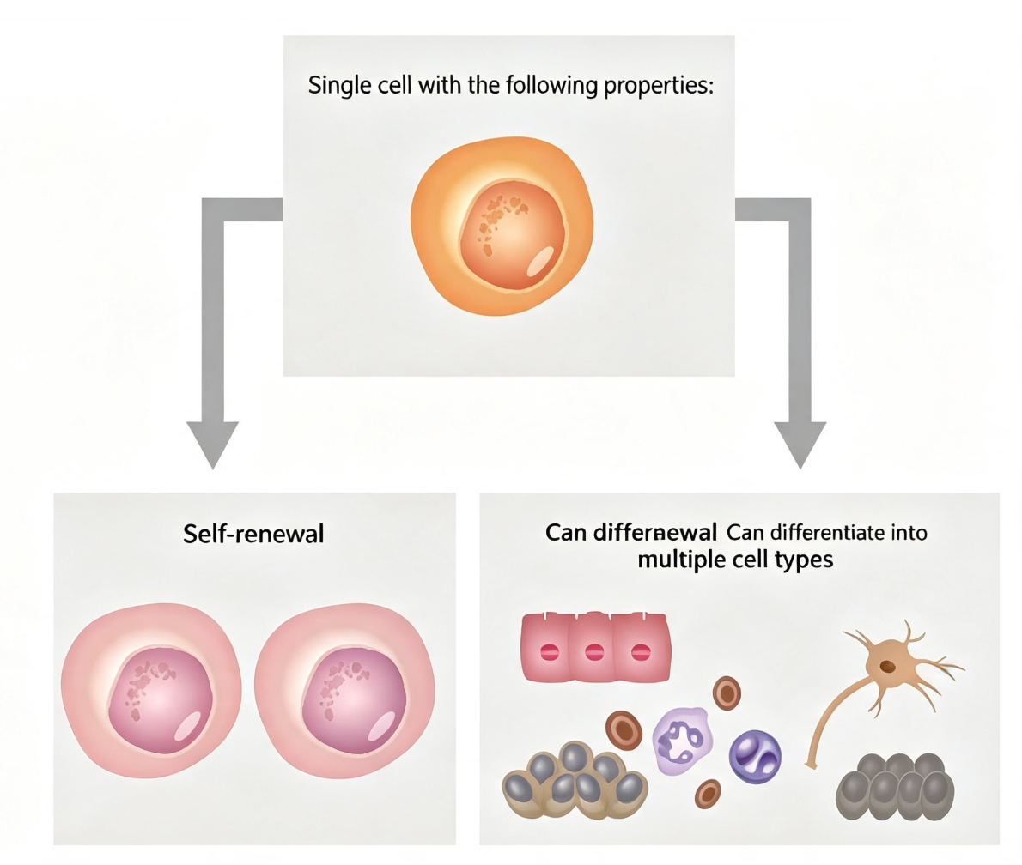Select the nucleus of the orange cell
tap(513, 235)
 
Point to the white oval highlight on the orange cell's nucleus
tap(539, 262)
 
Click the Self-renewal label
tap(253, 534)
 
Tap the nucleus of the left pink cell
tap(161, 700)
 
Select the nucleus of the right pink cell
tap(354, 700)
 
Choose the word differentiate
tap(826, 533)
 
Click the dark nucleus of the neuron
tap(888, 666)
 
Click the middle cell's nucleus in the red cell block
tap(594, 652)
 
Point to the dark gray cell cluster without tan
tap(895, 786)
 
